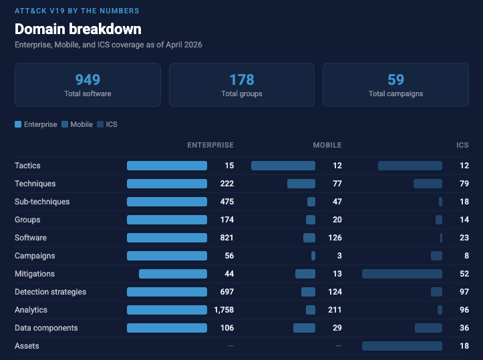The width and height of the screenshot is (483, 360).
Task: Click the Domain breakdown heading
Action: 78,29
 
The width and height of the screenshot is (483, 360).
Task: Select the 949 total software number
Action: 88,80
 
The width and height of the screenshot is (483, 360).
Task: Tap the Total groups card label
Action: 241,94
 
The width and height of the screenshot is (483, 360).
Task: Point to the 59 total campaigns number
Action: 395,80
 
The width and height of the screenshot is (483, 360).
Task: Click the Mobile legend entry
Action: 77,124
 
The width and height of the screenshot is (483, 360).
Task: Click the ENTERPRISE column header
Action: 210,145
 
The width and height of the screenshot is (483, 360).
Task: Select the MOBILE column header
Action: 327,145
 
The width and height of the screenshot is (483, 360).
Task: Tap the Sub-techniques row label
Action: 42,202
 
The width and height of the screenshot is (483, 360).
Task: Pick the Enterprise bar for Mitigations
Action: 173,274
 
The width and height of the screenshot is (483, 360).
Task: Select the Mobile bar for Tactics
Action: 283,166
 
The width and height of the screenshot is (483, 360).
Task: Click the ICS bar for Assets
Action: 402,346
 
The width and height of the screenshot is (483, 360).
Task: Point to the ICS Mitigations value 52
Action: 464,274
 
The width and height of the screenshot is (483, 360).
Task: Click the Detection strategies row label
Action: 50,292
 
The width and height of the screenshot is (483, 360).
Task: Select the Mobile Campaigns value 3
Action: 339,256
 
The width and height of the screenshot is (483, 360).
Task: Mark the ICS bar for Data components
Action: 428,328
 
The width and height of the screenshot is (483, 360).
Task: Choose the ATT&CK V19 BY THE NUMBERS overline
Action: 77,11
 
